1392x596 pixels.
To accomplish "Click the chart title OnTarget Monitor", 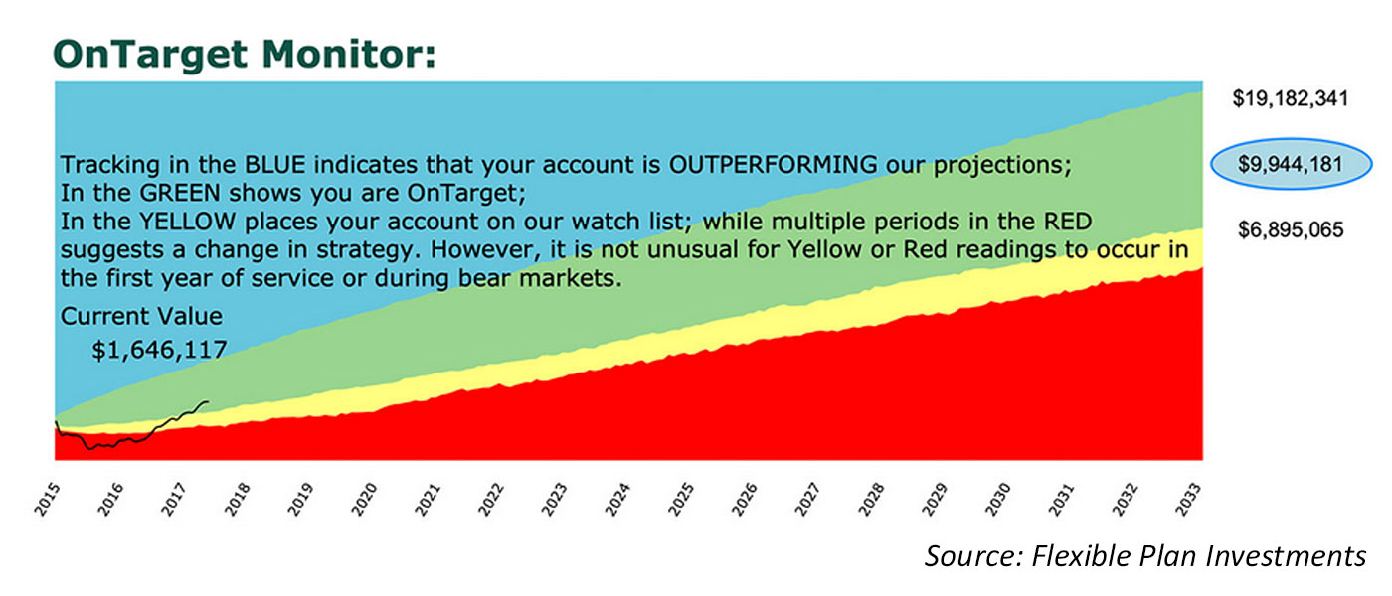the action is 245,54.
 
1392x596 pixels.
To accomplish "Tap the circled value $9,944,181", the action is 1291,164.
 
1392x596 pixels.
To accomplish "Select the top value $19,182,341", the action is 1291,98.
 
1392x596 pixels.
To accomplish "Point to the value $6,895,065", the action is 1291,229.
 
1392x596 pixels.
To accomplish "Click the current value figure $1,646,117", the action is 159,350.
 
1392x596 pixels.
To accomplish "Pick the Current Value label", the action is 141,317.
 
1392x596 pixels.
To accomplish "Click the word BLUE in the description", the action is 274,165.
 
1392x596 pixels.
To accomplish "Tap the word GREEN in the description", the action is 180,193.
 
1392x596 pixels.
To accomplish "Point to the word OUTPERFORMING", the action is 773,165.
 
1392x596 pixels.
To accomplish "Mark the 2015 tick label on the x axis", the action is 48,500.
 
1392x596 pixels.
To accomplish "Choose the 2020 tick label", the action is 365,500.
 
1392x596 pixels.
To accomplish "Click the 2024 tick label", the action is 618,500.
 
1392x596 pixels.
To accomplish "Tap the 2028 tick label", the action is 872,500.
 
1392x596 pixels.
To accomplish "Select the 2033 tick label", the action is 1188,500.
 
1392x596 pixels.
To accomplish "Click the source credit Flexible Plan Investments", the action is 1199,556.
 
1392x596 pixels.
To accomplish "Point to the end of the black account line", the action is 208,401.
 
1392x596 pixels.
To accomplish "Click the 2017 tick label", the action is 175,500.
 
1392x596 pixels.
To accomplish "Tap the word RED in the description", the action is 1068,222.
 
